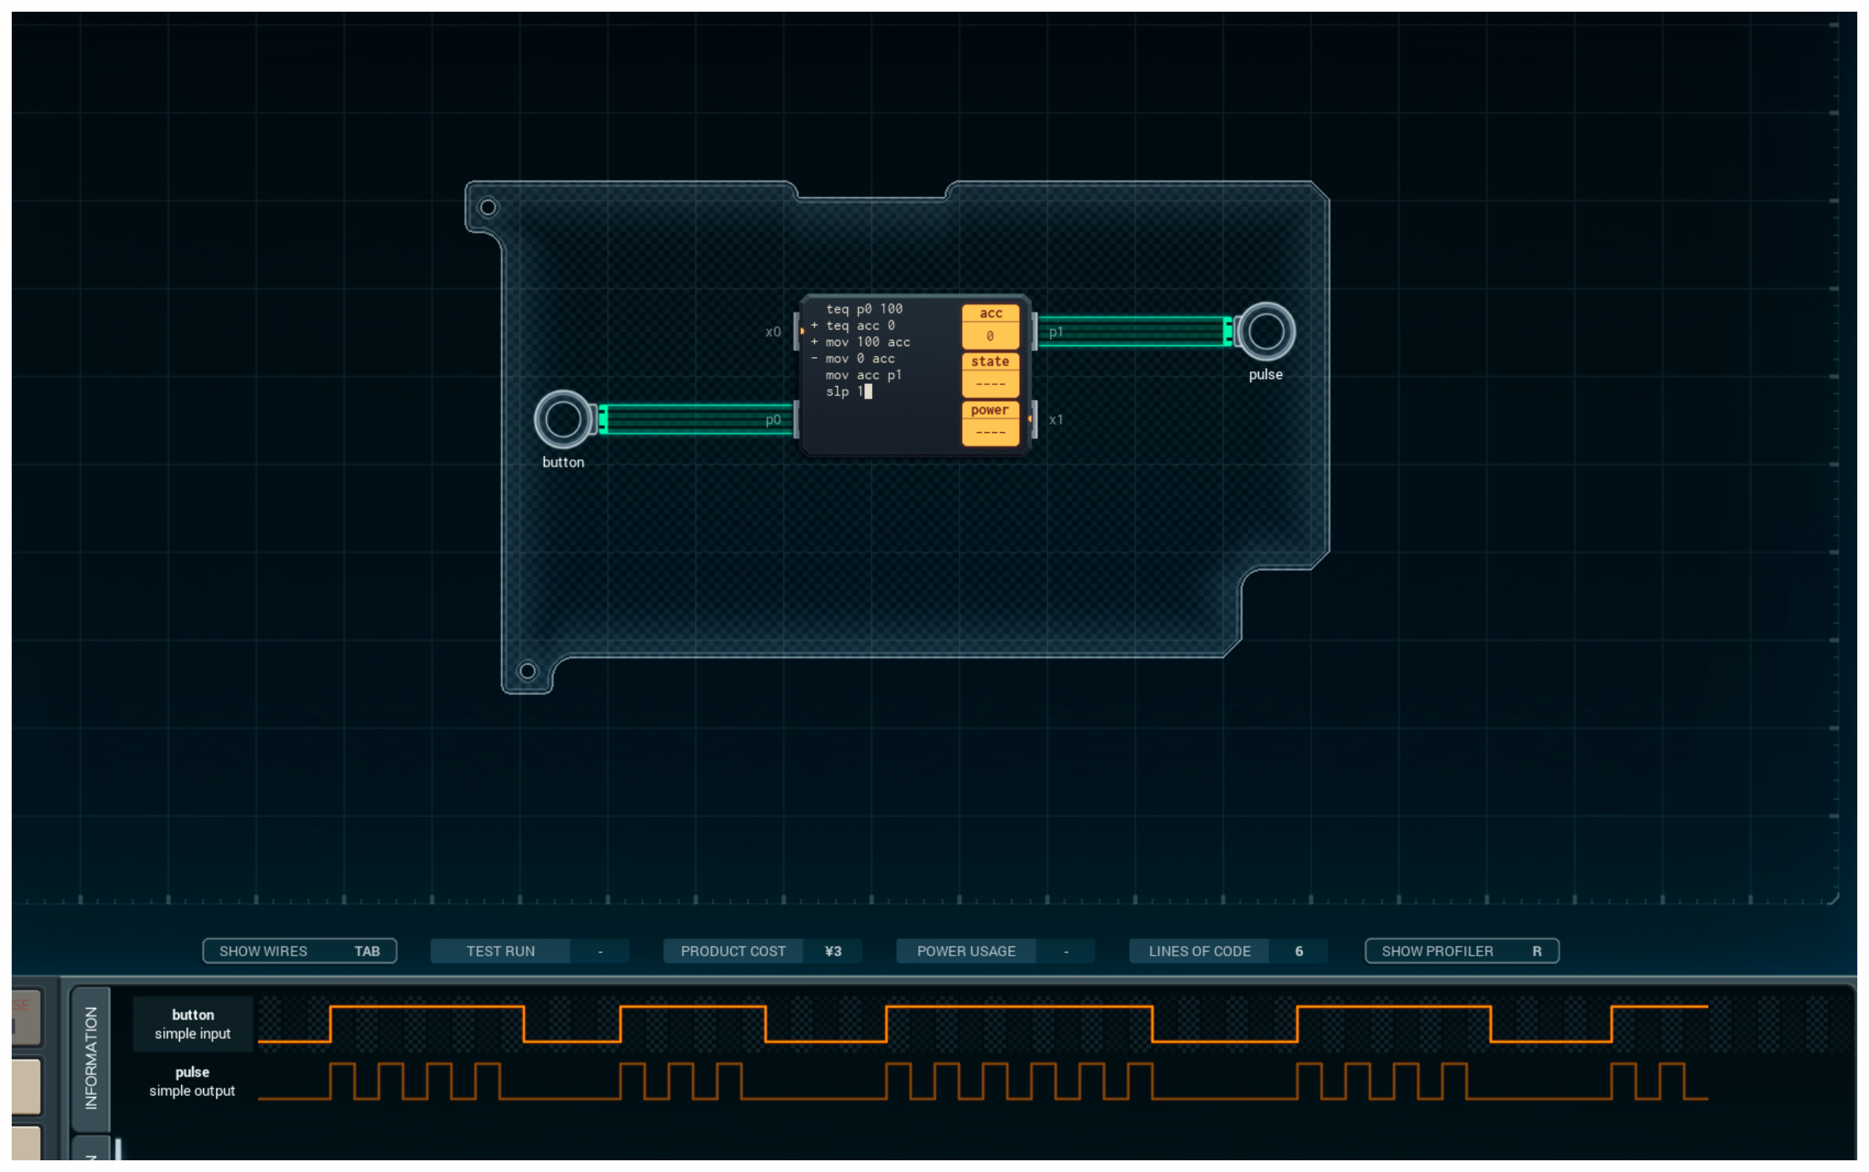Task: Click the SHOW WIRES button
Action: point(299,951)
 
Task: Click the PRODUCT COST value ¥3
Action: point(833,951)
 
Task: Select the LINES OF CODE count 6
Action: point(1299,951)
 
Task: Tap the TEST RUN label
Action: point(500,951)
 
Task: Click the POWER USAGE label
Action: point(966,951)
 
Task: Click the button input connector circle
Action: point(563,419)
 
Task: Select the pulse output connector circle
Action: point(1265,331)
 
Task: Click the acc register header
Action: point(990,313)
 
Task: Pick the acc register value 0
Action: point(990,336)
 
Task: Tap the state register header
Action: point(990,362)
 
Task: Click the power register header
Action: point(990,410)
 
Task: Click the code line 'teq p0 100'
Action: point(863,309)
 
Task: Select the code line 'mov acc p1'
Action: point(863,375)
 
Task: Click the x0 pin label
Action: point(773,331)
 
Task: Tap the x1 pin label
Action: point(1056,420)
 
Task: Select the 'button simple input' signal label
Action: point(192,1024)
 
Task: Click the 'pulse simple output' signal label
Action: point(192,1081)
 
